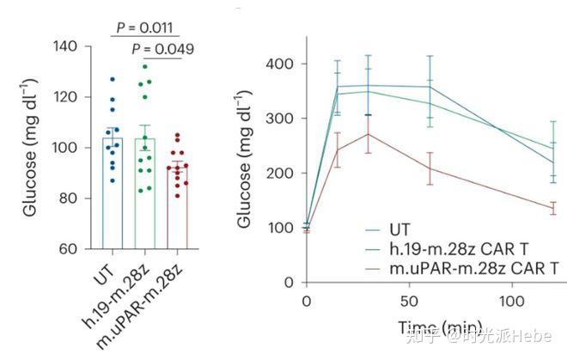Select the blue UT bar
point(113,192)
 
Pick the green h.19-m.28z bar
point(144,192)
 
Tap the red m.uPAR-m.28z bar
point(177,206)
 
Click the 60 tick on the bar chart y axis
point(69,249)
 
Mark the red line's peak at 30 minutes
point(369,134)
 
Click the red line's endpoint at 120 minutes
point(552,209)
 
